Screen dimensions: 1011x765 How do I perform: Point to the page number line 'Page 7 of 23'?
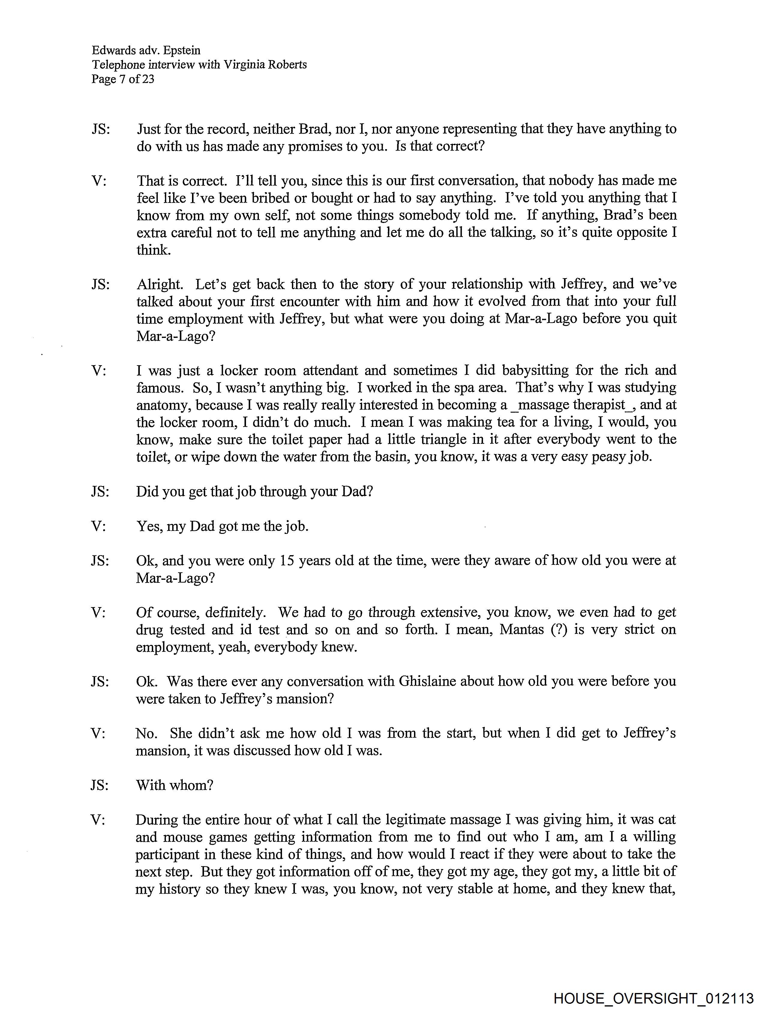tap(122, 80)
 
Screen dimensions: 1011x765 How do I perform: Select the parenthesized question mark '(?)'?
tap(558, 629)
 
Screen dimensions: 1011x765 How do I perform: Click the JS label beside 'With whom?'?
tap(100, 785)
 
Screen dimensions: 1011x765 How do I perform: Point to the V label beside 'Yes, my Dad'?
tap(98, 526)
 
